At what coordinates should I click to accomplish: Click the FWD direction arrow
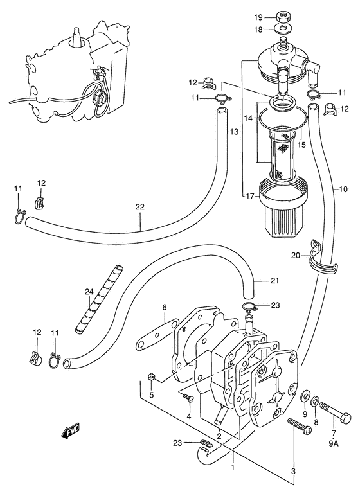pos(71,432)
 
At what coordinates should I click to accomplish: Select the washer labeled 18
pos(283,30)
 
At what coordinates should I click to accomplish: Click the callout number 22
pos(139,207)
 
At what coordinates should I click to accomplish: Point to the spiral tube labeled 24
pos(99,299)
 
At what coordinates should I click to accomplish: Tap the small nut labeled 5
pos(152,376)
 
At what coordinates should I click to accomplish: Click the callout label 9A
pos(334,443)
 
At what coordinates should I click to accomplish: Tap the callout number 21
pos(274,280)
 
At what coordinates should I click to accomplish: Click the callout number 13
pos(233,132)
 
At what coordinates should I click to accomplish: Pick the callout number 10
pos(343,189)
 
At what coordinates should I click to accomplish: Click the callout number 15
pos(301,145)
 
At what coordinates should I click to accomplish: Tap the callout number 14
pos(249,118)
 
